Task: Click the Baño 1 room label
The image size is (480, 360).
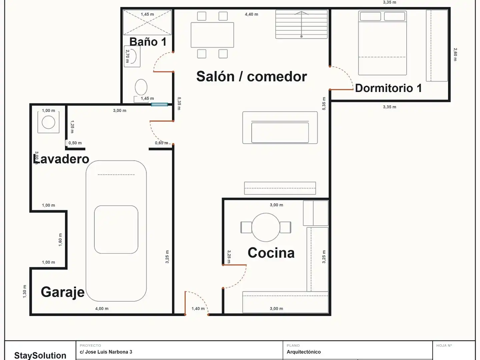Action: coord(148,42)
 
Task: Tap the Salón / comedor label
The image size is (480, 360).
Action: coord(251,77)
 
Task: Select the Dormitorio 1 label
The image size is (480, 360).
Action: coord(388,88)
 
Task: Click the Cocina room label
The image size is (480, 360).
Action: coord(271,253)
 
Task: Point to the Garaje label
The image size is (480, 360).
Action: coord(63,292)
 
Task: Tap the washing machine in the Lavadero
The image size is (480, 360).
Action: coord(48,122)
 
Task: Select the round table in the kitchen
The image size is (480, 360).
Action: coord(266,227)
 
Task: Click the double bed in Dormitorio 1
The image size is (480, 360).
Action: coord(382,43)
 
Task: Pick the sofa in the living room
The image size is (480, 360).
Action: coord(280,128)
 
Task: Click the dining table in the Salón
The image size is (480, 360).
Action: coord(212,35)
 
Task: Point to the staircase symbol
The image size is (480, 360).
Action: coord(301,24)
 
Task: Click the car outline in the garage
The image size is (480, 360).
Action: coord(116,231)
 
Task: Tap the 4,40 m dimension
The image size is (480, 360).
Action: coord(251,14)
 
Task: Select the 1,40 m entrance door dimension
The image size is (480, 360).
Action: coord(198,309)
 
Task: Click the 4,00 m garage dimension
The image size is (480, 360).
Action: coord(102,309)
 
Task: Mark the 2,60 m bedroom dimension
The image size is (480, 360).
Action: coord(455,54)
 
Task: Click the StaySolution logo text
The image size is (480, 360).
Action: coord(40,355)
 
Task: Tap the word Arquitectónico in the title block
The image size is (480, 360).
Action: coord(304,352)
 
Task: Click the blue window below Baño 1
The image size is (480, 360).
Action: coord(159,104)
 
